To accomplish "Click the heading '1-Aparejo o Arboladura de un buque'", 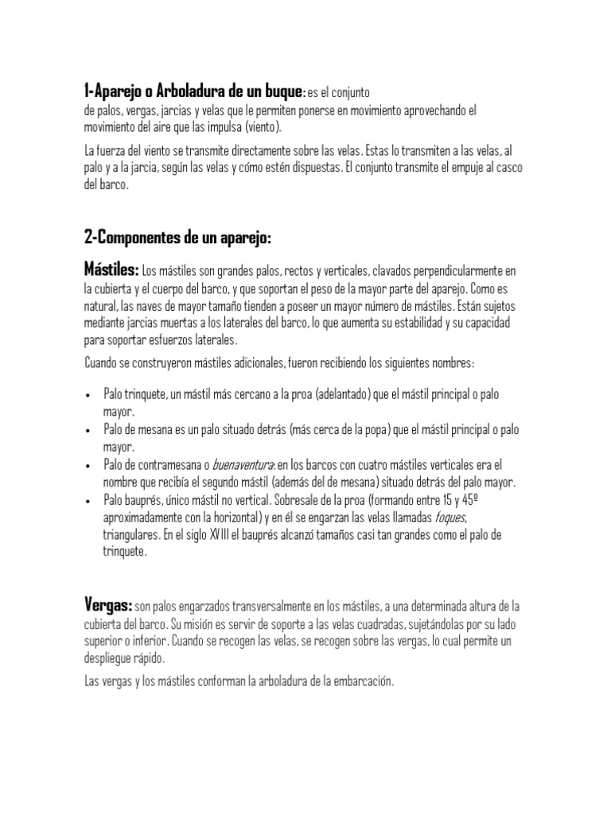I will point(193,88).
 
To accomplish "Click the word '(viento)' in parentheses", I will point(263,126).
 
